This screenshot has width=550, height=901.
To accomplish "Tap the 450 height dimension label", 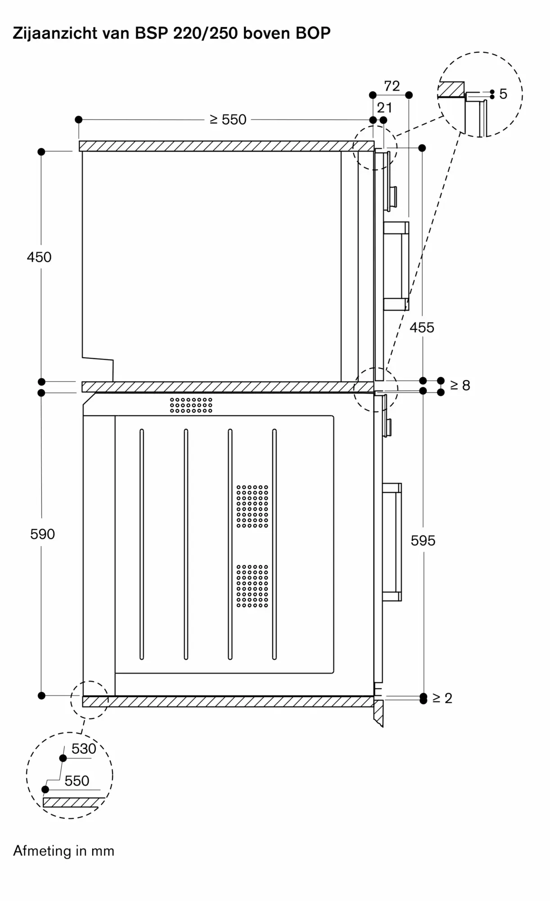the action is (x=39, y=257).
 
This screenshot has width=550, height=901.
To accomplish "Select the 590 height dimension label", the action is (x=42, y=534).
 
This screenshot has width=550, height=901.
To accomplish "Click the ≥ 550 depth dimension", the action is (x=228, y=119).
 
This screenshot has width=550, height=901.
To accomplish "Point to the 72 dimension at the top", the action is (x=392, y=86).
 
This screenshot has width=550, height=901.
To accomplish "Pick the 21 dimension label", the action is (x=384, y=108).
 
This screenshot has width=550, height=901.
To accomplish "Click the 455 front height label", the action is (x=422, y=328).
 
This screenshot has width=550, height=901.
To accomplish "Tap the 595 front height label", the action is (x=423, y=541).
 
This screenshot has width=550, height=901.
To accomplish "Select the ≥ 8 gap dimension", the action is (x=460, y=385).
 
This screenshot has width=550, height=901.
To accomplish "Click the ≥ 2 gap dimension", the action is (x=442, y=698).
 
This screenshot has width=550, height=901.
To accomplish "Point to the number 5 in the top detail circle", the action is (x=503, y=94).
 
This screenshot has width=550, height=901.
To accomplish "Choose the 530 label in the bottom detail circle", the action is (x=84, y=749).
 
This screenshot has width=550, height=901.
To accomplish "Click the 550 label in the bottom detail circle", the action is (x=77, y=781).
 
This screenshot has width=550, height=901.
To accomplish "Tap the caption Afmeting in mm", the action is (x=64, y=851).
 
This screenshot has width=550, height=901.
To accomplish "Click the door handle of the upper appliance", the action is (x=397, y=266).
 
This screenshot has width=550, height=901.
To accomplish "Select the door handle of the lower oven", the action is (x=392, y=542).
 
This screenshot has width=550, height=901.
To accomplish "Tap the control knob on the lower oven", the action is (x=387, y=428).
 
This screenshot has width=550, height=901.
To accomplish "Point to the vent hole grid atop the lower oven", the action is (x=191, y=405).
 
